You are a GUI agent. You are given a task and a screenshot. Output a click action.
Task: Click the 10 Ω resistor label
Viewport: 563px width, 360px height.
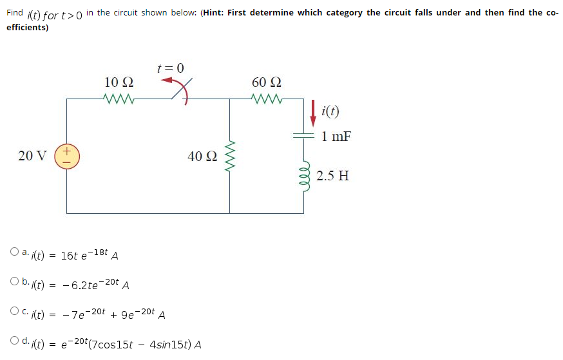pyautogui.click(x=119, y=82)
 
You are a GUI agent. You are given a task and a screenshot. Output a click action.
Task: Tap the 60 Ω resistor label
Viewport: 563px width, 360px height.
pyautogui.click(x=267, y=82)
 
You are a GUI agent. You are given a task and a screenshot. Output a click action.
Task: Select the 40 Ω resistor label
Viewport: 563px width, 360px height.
pyautogui.click(x=202, y=156)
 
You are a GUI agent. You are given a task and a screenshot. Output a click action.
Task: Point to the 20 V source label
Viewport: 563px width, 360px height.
pyautogui.click(x=32, y=156)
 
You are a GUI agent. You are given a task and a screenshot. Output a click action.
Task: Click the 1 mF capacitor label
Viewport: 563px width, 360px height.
pyautogui.click(x=336, y=137)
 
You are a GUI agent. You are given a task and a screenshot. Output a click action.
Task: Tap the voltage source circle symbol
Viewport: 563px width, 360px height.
pyautogui.click(x=67, y=156)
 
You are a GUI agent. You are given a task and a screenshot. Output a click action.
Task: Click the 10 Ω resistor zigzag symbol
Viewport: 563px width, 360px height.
pyautogui.click(x=119, y=99)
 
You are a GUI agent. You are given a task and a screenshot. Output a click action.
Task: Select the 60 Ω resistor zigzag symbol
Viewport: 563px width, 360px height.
pyautogui.click(x=267, y=99)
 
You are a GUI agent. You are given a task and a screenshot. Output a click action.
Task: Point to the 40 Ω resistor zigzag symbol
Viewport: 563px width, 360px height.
pyautogui.click(x=230, y=156)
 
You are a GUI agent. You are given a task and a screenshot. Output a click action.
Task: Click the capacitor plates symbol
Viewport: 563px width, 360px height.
pyautogui.click(x=303, y=137)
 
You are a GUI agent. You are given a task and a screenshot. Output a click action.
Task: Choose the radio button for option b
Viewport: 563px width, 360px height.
pyautogui.click(x=14, y=281)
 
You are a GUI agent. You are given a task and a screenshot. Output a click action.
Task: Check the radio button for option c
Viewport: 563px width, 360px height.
pyautogui.click(x=14, y=312)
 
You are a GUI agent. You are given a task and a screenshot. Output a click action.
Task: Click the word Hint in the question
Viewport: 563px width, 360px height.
pyautogui.click(x=215, y=12)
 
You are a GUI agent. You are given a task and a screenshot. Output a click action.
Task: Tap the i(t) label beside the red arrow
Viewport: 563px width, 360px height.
pyautogui.click(x=330, y=111)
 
